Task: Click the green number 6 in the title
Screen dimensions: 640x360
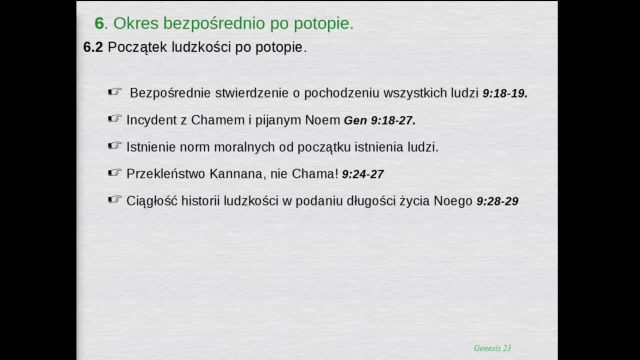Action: [x=99, y=23]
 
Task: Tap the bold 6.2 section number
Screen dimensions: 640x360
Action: [x=93, y=47]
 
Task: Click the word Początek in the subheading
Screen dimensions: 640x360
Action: [x=137, y=48]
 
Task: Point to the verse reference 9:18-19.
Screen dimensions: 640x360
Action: [x=505, y=93]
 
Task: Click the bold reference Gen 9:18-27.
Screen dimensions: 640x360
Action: [x=380, y=121]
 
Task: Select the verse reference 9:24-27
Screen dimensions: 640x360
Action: [x=363, y=174]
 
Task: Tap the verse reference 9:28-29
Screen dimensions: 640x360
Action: [x=498, y=201]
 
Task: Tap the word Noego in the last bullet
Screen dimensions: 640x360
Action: [x=453, y=201]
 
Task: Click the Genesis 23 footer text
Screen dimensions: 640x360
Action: [x=492, y=348]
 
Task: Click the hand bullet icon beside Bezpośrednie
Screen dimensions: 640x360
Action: [x=115, y=91]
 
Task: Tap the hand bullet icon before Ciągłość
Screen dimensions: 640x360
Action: [x=115, y=199]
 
